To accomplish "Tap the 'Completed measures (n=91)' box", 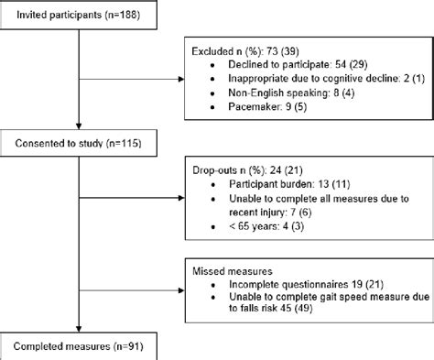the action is click(83, 345).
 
